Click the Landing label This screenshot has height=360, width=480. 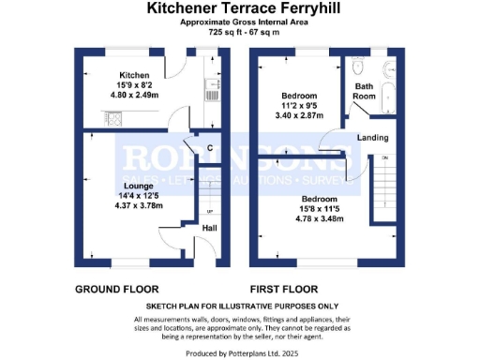(372, 139)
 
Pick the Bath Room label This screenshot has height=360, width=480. (364, 91)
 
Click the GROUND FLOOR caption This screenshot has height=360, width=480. (116, 289)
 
